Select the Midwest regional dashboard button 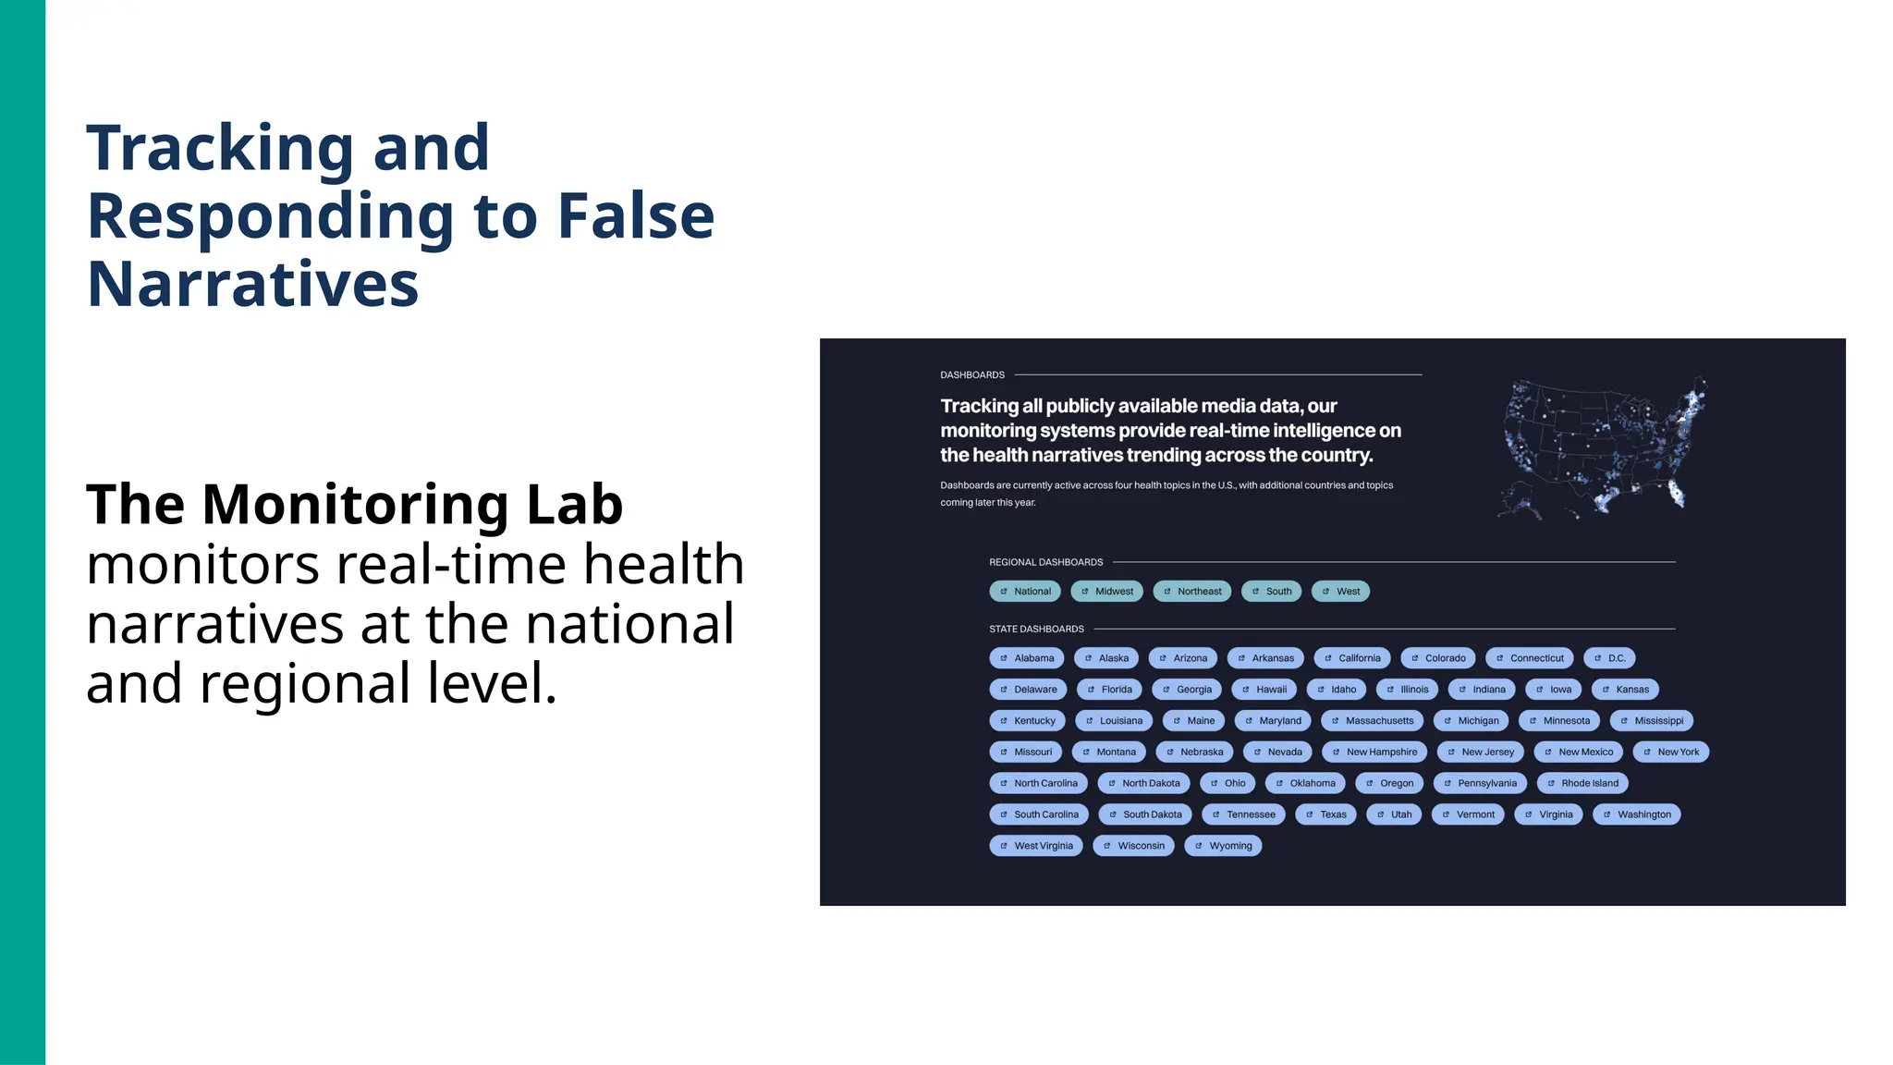click(x=1106, y=592)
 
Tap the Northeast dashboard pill click(x=1191, y=592)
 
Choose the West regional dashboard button click(x=1340, y=592)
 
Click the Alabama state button click(x=1026, y=658)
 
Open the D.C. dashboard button click(x=1609, y=658)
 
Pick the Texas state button click(x=1325, y=815)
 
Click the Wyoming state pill click(x=1223, y=846)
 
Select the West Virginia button click(x=1035, y=846)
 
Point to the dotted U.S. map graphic click(x=1602, y=448)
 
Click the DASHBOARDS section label click(x=972, y=375)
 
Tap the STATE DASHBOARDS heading click(x=1036, y=630)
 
